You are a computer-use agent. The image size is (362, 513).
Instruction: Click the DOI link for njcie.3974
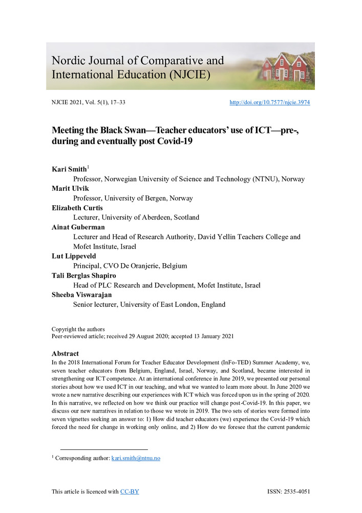click(x=269, y=103)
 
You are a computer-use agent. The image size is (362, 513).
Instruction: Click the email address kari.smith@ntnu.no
click(x=136, y=458)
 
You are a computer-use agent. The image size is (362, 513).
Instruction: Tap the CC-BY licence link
click(x=130, y=492)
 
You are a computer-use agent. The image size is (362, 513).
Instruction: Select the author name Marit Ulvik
click(x=70, y=189)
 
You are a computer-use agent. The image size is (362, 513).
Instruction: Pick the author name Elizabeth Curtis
click(x=76, y=208)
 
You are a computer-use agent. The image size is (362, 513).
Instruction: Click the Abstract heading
click(x=65, y=353)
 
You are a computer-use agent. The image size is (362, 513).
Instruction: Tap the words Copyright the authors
click(x=78, y=329)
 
